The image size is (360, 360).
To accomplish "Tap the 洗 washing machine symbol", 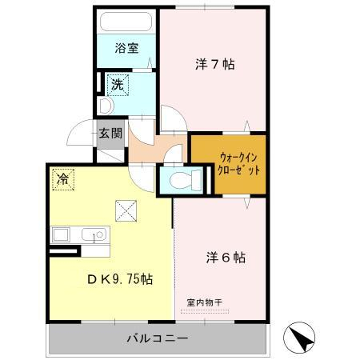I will (118, 83).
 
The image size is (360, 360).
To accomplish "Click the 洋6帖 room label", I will (225, 258).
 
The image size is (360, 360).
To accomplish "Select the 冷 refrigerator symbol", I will (62, 179).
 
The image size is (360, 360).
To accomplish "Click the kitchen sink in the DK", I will (94, 237).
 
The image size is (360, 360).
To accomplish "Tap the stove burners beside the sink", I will (62, 237).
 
